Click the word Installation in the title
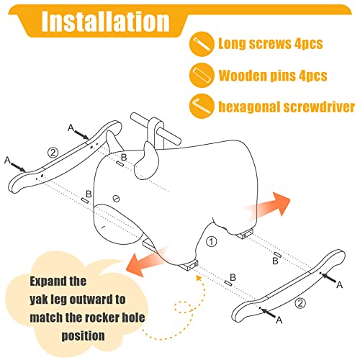click(x=106, y=22)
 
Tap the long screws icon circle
click(x=202, y=44)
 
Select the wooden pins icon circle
click(x=202, y=75)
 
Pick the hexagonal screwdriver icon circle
click(x=202, y=107)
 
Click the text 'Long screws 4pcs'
click(x=271, y=44)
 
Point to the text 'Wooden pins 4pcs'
click(x=273, y=76)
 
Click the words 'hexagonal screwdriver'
click(x=287, y=107)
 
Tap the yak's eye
click(x=117, y=199)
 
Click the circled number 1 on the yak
click(x=212, y=242)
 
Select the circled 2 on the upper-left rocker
click(x=53, y=153)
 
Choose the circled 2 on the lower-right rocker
click(x=300, y=303)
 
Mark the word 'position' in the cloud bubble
click(x=83, y=336)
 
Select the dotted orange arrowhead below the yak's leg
click(x=199, y=278)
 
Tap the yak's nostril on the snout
click(x=104, y=227)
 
